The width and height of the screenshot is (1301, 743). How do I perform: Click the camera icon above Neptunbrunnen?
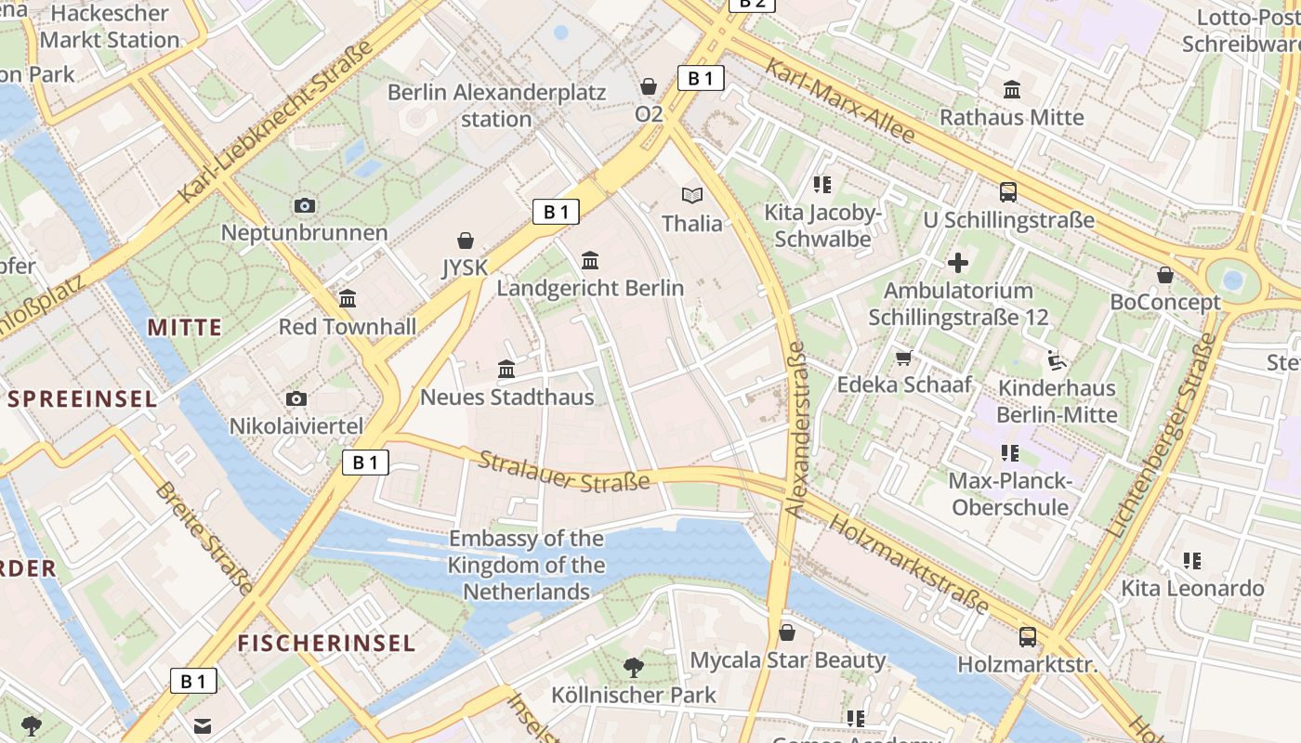(x=304, y=205)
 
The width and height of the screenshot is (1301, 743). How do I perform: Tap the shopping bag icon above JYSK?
(x=466, y=241)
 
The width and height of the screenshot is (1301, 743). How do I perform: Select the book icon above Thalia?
(x=692, y=195)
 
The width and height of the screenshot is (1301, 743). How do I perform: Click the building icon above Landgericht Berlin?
(x=590, y=260)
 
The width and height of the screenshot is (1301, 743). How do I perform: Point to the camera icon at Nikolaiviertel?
(x=296, y=398)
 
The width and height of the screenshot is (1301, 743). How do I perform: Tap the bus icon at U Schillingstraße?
(x=1008, y=192)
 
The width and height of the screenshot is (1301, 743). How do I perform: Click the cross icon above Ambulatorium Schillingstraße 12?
(x=958, y=263)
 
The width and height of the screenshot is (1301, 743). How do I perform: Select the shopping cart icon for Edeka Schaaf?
(x=903, y=358)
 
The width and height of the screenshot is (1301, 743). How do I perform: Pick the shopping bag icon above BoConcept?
(x=1165, y=275)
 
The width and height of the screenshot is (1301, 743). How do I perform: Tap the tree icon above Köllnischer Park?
(x=634, y=667)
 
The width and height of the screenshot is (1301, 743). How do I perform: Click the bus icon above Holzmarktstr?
(x=1028, y=637)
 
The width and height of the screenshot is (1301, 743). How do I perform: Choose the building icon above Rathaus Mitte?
(x=1012, y=89)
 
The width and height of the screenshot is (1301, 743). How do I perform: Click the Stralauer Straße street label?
(x=564, y=471)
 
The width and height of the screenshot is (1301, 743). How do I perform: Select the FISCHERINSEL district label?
(x=326, y=643)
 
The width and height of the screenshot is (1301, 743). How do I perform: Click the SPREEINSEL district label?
(x=82, y=399)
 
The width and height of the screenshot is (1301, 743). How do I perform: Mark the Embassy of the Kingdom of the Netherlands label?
(x=526, y=565)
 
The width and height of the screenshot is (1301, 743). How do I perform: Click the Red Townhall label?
(x=348, y=327)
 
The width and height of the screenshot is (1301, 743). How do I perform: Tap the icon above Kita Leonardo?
(x=1192, y=560)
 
